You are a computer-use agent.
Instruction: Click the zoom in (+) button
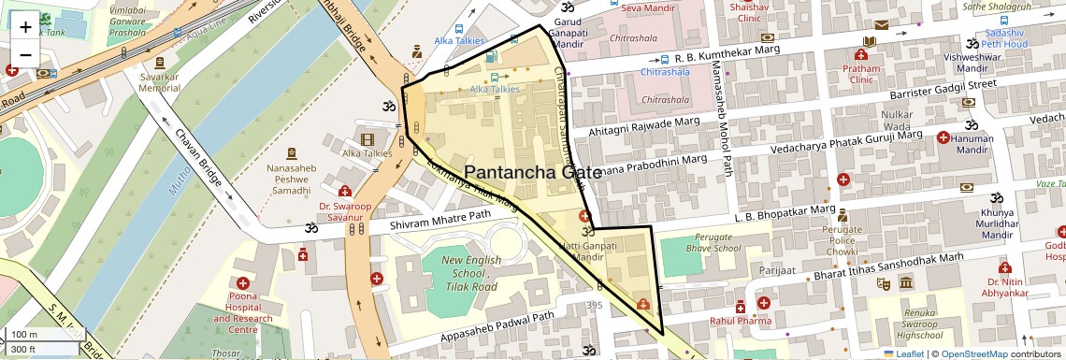point(25,27)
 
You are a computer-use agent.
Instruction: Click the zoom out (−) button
point(25,54)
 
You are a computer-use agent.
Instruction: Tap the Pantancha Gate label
point(540,172)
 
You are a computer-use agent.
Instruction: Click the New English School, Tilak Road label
point(471,274)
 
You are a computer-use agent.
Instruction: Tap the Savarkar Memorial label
point(159,81)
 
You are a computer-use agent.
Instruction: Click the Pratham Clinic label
point(861,74)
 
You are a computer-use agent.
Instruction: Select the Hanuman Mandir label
point(972,144)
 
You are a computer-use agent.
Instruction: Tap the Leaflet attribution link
point(903,353)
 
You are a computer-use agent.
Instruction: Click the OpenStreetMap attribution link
point(973,353)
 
